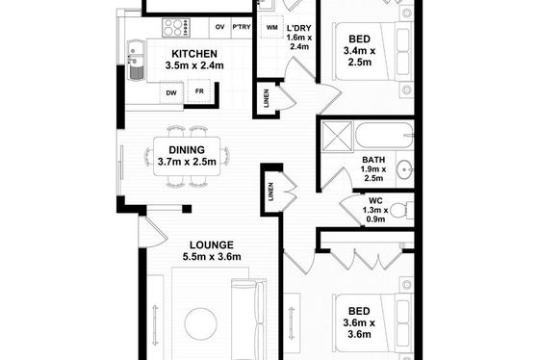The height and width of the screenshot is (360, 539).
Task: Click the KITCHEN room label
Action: tap(194, 54)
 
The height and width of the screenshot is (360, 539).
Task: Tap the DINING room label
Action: tap(187, 150)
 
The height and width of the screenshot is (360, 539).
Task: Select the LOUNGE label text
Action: tap(212, 245)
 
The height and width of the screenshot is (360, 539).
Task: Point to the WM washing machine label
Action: tap(271, 27)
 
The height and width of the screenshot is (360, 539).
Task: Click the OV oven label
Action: tap(220, 27)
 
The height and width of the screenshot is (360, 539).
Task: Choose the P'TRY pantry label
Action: tap(242, 27)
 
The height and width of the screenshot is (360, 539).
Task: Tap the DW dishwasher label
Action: tap(171, 92)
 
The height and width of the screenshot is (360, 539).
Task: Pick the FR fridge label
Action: tap(199, 91)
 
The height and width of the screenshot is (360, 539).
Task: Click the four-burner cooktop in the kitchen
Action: tap(176, 28)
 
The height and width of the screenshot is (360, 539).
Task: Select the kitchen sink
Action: tap(136, 61)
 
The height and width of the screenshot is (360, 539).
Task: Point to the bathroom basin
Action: tap(405, 169)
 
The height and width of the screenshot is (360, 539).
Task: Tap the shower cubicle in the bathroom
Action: tap(338, 137)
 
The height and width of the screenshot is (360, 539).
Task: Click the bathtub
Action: tap(384, 135)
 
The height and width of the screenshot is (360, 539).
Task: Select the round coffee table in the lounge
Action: tap(201, 323)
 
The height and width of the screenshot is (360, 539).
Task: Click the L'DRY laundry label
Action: tap(299, 28)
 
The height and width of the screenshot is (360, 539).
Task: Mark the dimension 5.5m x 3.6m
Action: tap(212, 257)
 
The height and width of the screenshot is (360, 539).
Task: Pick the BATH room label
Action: tap(373, 160)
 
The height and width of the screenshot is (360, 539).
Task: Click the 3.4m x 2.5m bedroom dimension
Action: tap(359, 57)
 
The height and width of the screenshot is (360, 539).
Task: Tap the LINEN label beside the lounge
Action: tap(271, 192)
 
